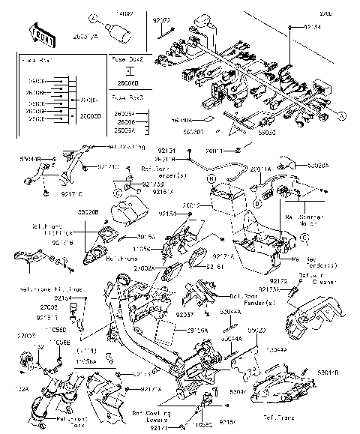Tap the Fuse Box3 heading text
pyautogui.click(x=127, y=97)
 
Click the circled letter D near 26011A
pyautogui.click(x=256, y=202)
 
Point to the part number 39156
pyautogui.click(x=146, y=238)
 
